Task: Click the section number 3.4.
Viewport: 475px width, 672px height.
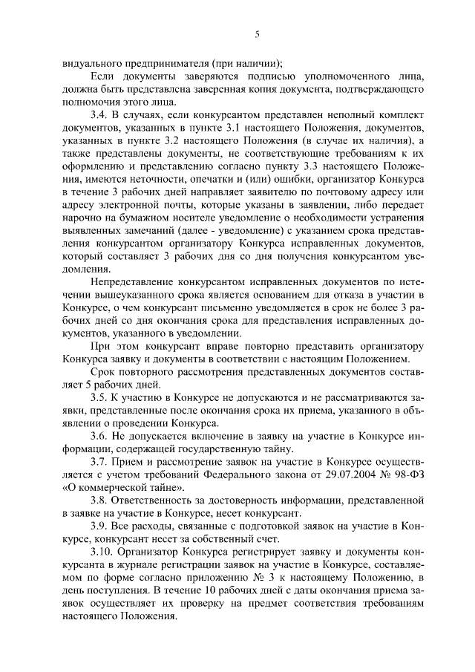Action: click(x=99, y=117)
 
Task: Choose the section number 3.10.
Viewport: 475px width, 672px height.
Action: click(x=101, y=553)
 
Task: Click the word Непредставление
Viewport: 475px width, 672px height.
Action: click(x=131, y=282)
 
